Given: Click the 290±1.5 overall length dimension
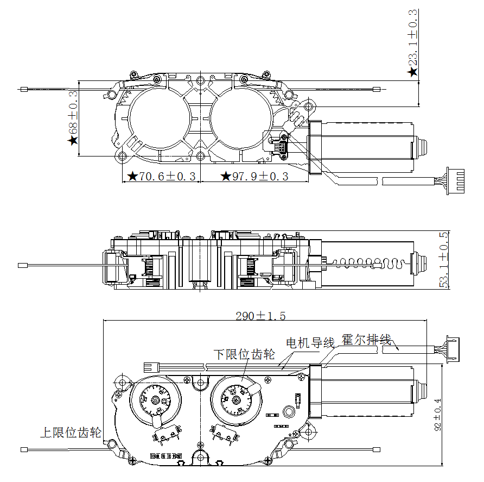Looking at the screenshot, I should coord(260,316).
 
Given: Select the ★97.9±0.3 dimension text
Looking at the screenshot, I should coord(254,177).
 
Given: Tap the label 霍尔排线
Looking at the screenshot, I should coord(366,340).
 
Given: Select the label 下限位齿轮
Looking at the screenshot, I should coord(244,355).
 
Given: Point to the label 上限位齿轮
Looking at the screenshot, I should coord(71,433).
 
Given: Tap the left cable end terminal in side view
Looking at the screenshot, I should coord(23,266).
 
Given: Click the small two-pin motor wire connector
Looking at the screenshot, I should coord(151,367).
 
